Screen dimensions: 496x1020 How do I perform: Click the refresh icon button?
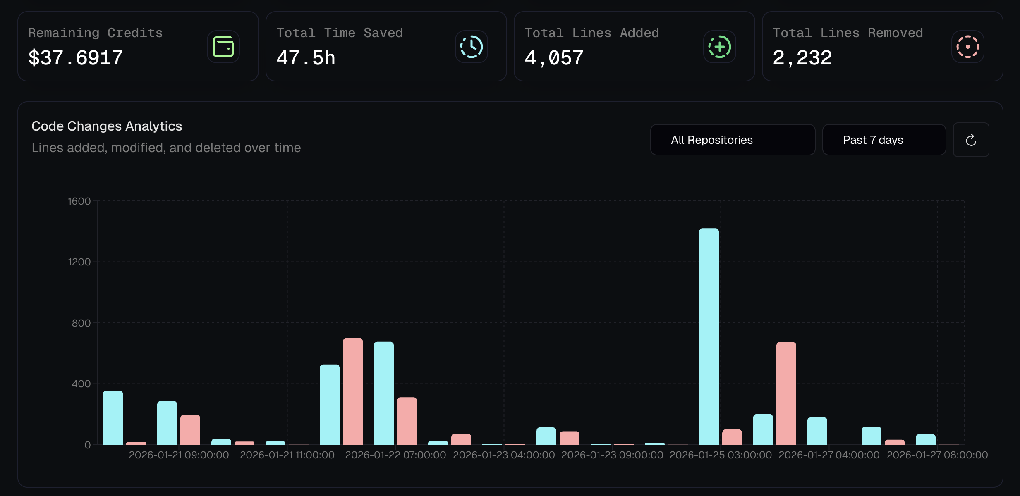click(971, 140)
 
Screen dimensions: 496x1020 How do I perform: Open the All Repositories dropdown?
click(733, 140)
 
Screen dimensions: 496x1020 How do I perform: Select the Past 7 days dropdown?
click(884, 140)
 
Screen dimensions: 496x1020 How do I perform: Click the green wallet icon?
click(223, 47)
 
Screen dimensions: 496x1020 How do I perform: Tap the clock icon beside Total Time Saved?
click(472, 47)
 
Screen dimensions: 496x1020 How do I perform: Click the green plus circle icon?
click(720, 47)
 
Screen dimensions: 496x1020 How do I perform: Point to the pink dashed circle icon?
click(967, 47)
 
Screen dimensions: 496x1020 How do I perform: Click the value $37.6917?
click(76, 57)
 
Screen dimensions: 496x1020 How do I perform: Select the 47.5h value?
click(306, 57)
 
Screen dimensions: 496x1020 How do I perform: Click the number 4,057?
click(554, 57)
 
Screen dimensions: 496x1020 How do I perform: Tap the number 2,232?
click(802, 57)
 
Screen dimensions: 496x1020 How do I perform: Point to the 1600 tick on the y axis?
click(79, 201)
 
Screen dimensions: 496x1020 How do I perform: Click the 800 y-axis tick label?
click(81, 323)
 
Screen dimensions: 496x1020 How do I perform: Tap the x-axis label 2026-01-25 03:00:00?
click(721, 455)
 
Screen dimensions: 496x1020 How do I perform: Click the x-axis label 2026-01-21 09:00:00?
click(179, 455)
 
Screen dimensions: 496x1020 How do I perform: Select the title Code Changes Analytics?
click(107, 126)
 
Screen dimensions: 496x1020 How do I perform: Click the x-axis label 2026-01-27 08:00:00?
click(937, 455)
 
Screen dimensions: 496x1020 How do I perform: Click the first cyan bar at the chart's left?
click(113, 417)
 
